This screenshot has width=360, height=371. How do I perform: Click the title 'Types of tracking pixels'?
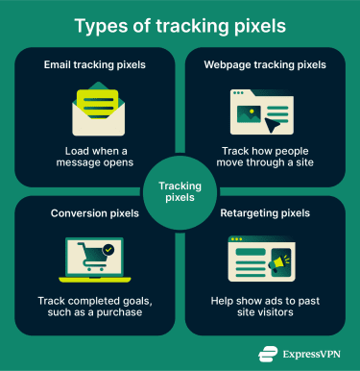pos(180,25)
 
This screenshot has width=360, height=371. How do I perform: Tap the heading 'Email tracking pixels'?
pos(95,64)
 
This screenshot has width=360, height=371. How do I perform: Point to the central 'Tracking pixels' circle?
pos(180,185)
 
